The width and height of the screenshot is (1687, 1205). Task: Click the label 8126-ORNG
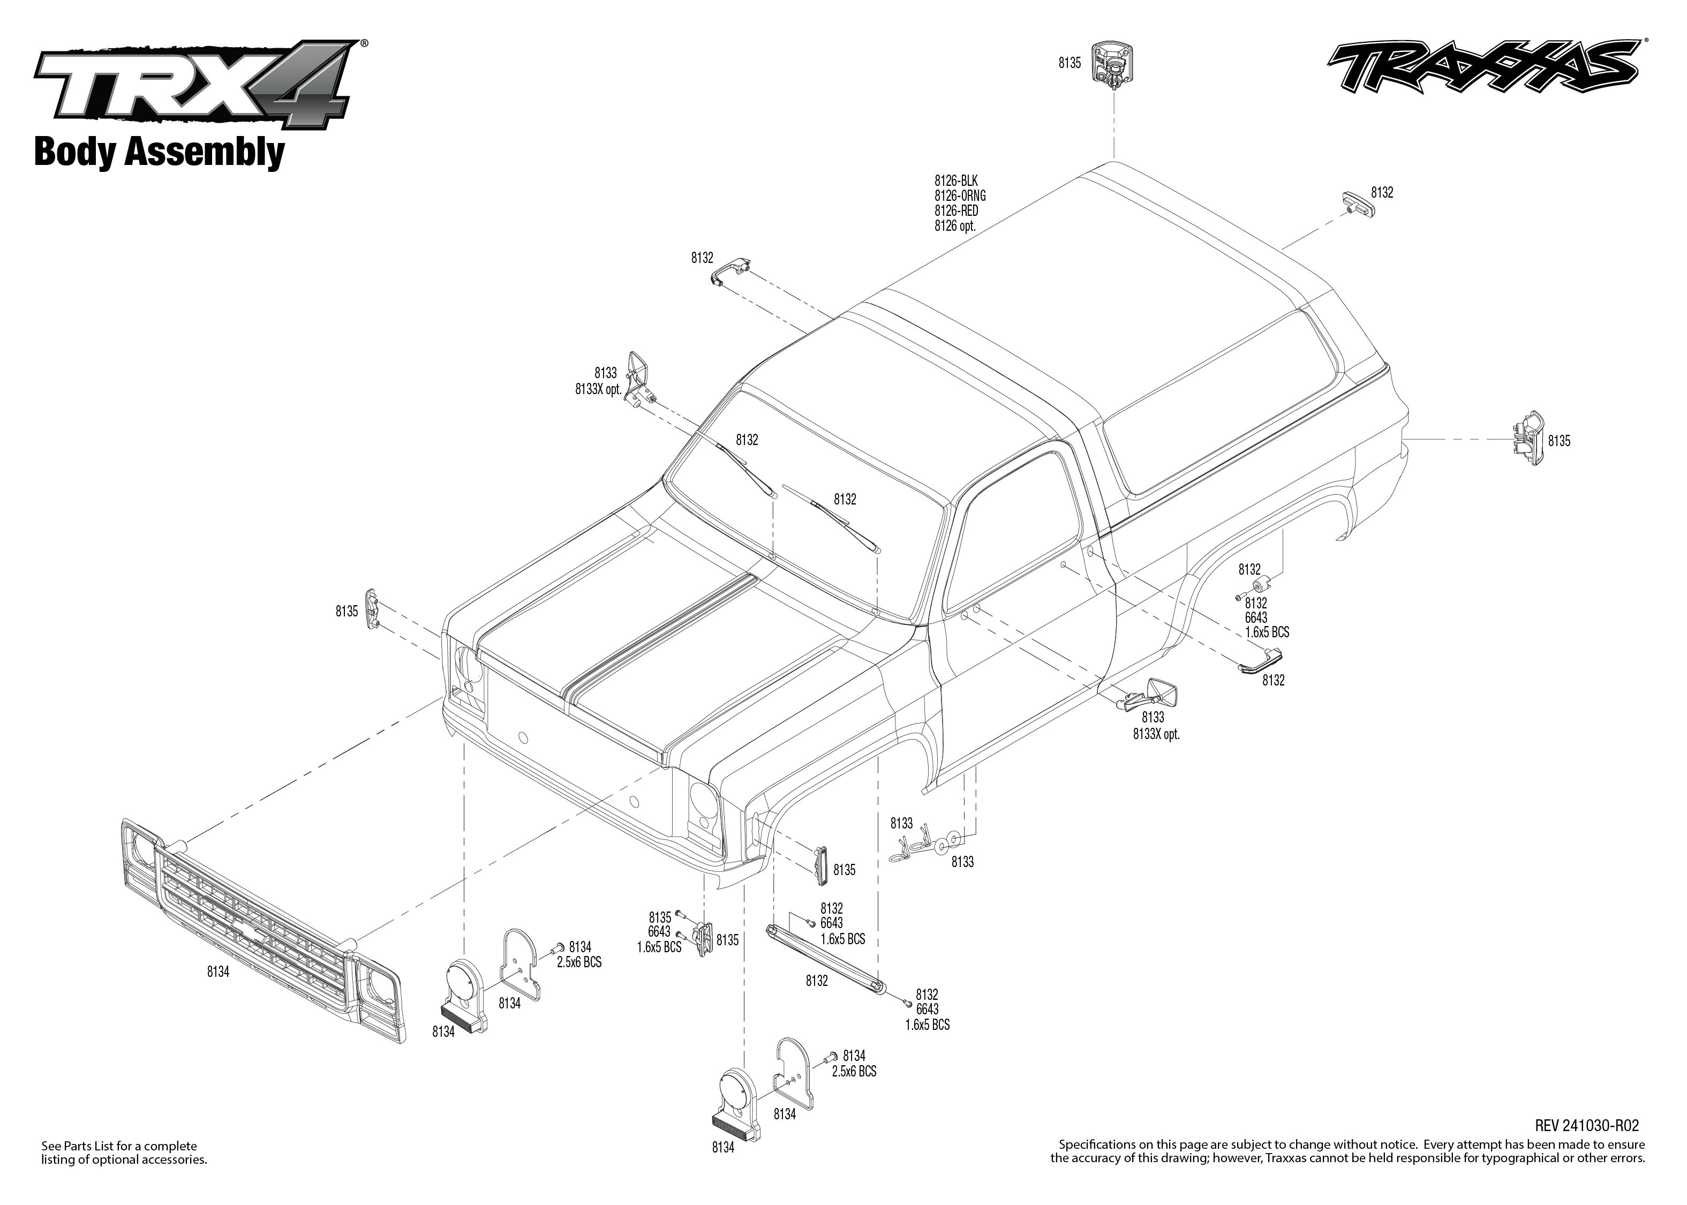[x=959, y=196]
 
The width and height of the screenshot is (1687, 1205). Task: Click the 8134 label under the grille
[x=218, y=972]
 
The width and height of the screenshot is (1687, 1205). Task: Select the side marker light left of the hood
[x=372, y=608]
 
